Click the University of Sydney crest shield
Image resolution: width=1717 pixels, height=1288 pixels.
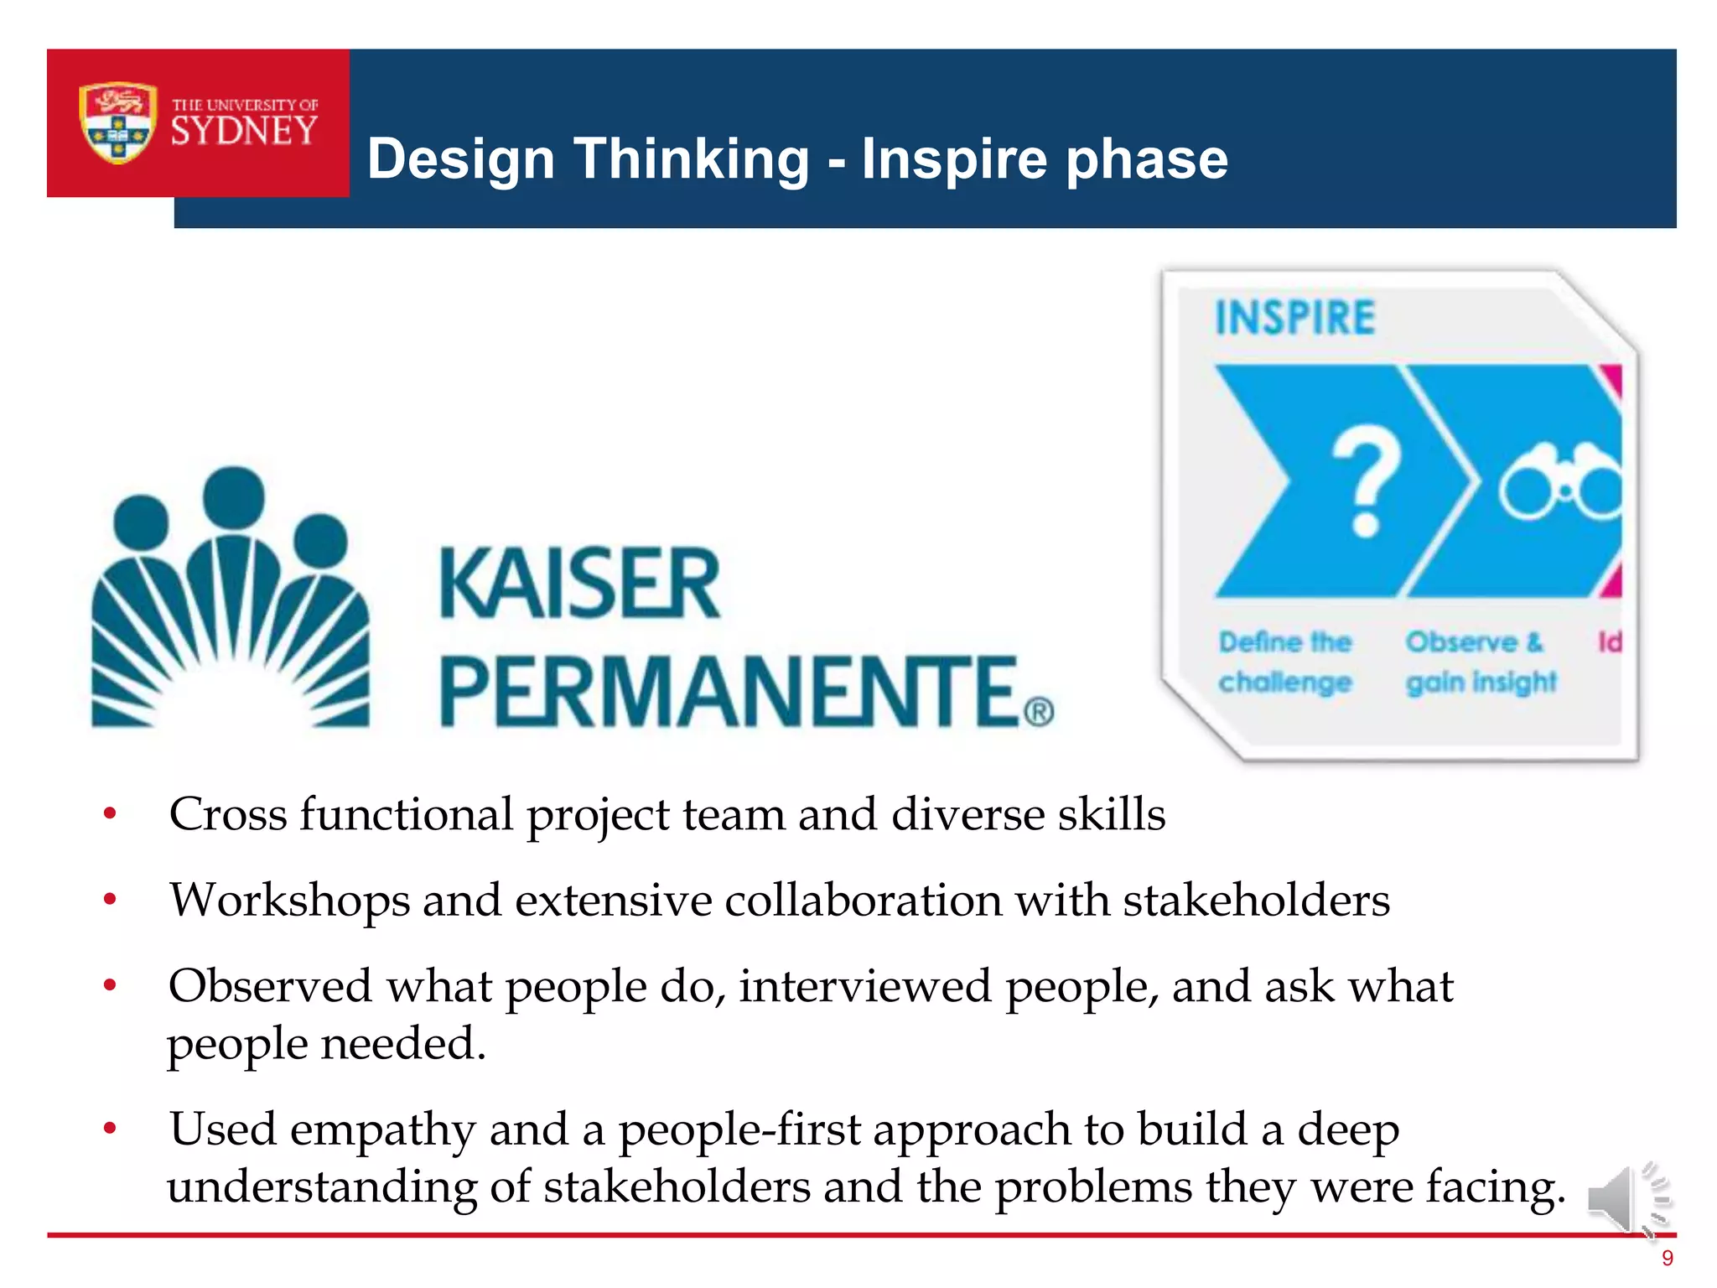point(117,122)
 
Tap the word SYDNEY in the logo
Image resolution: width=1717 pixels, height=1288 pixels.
point(244,132)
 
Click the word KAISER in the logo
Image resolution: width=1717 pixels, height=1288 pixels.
point(579,583)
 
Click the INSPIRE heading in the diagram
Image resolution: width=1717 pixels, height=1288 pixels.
point(1295,318)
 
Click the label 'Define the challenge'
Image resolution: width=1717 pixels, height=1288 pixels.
point(1285,662)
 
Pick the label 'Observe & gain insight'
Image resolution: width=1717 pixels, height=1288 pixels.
point(1481,662)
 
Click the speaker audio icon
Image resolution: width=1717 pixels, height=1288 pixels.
point(1627,1198)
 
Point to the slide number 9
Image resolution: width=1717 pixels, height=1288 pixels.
point(1667,1258)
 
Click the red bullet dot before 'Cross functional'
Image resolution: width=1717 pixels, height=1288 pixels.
point(110,813)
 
